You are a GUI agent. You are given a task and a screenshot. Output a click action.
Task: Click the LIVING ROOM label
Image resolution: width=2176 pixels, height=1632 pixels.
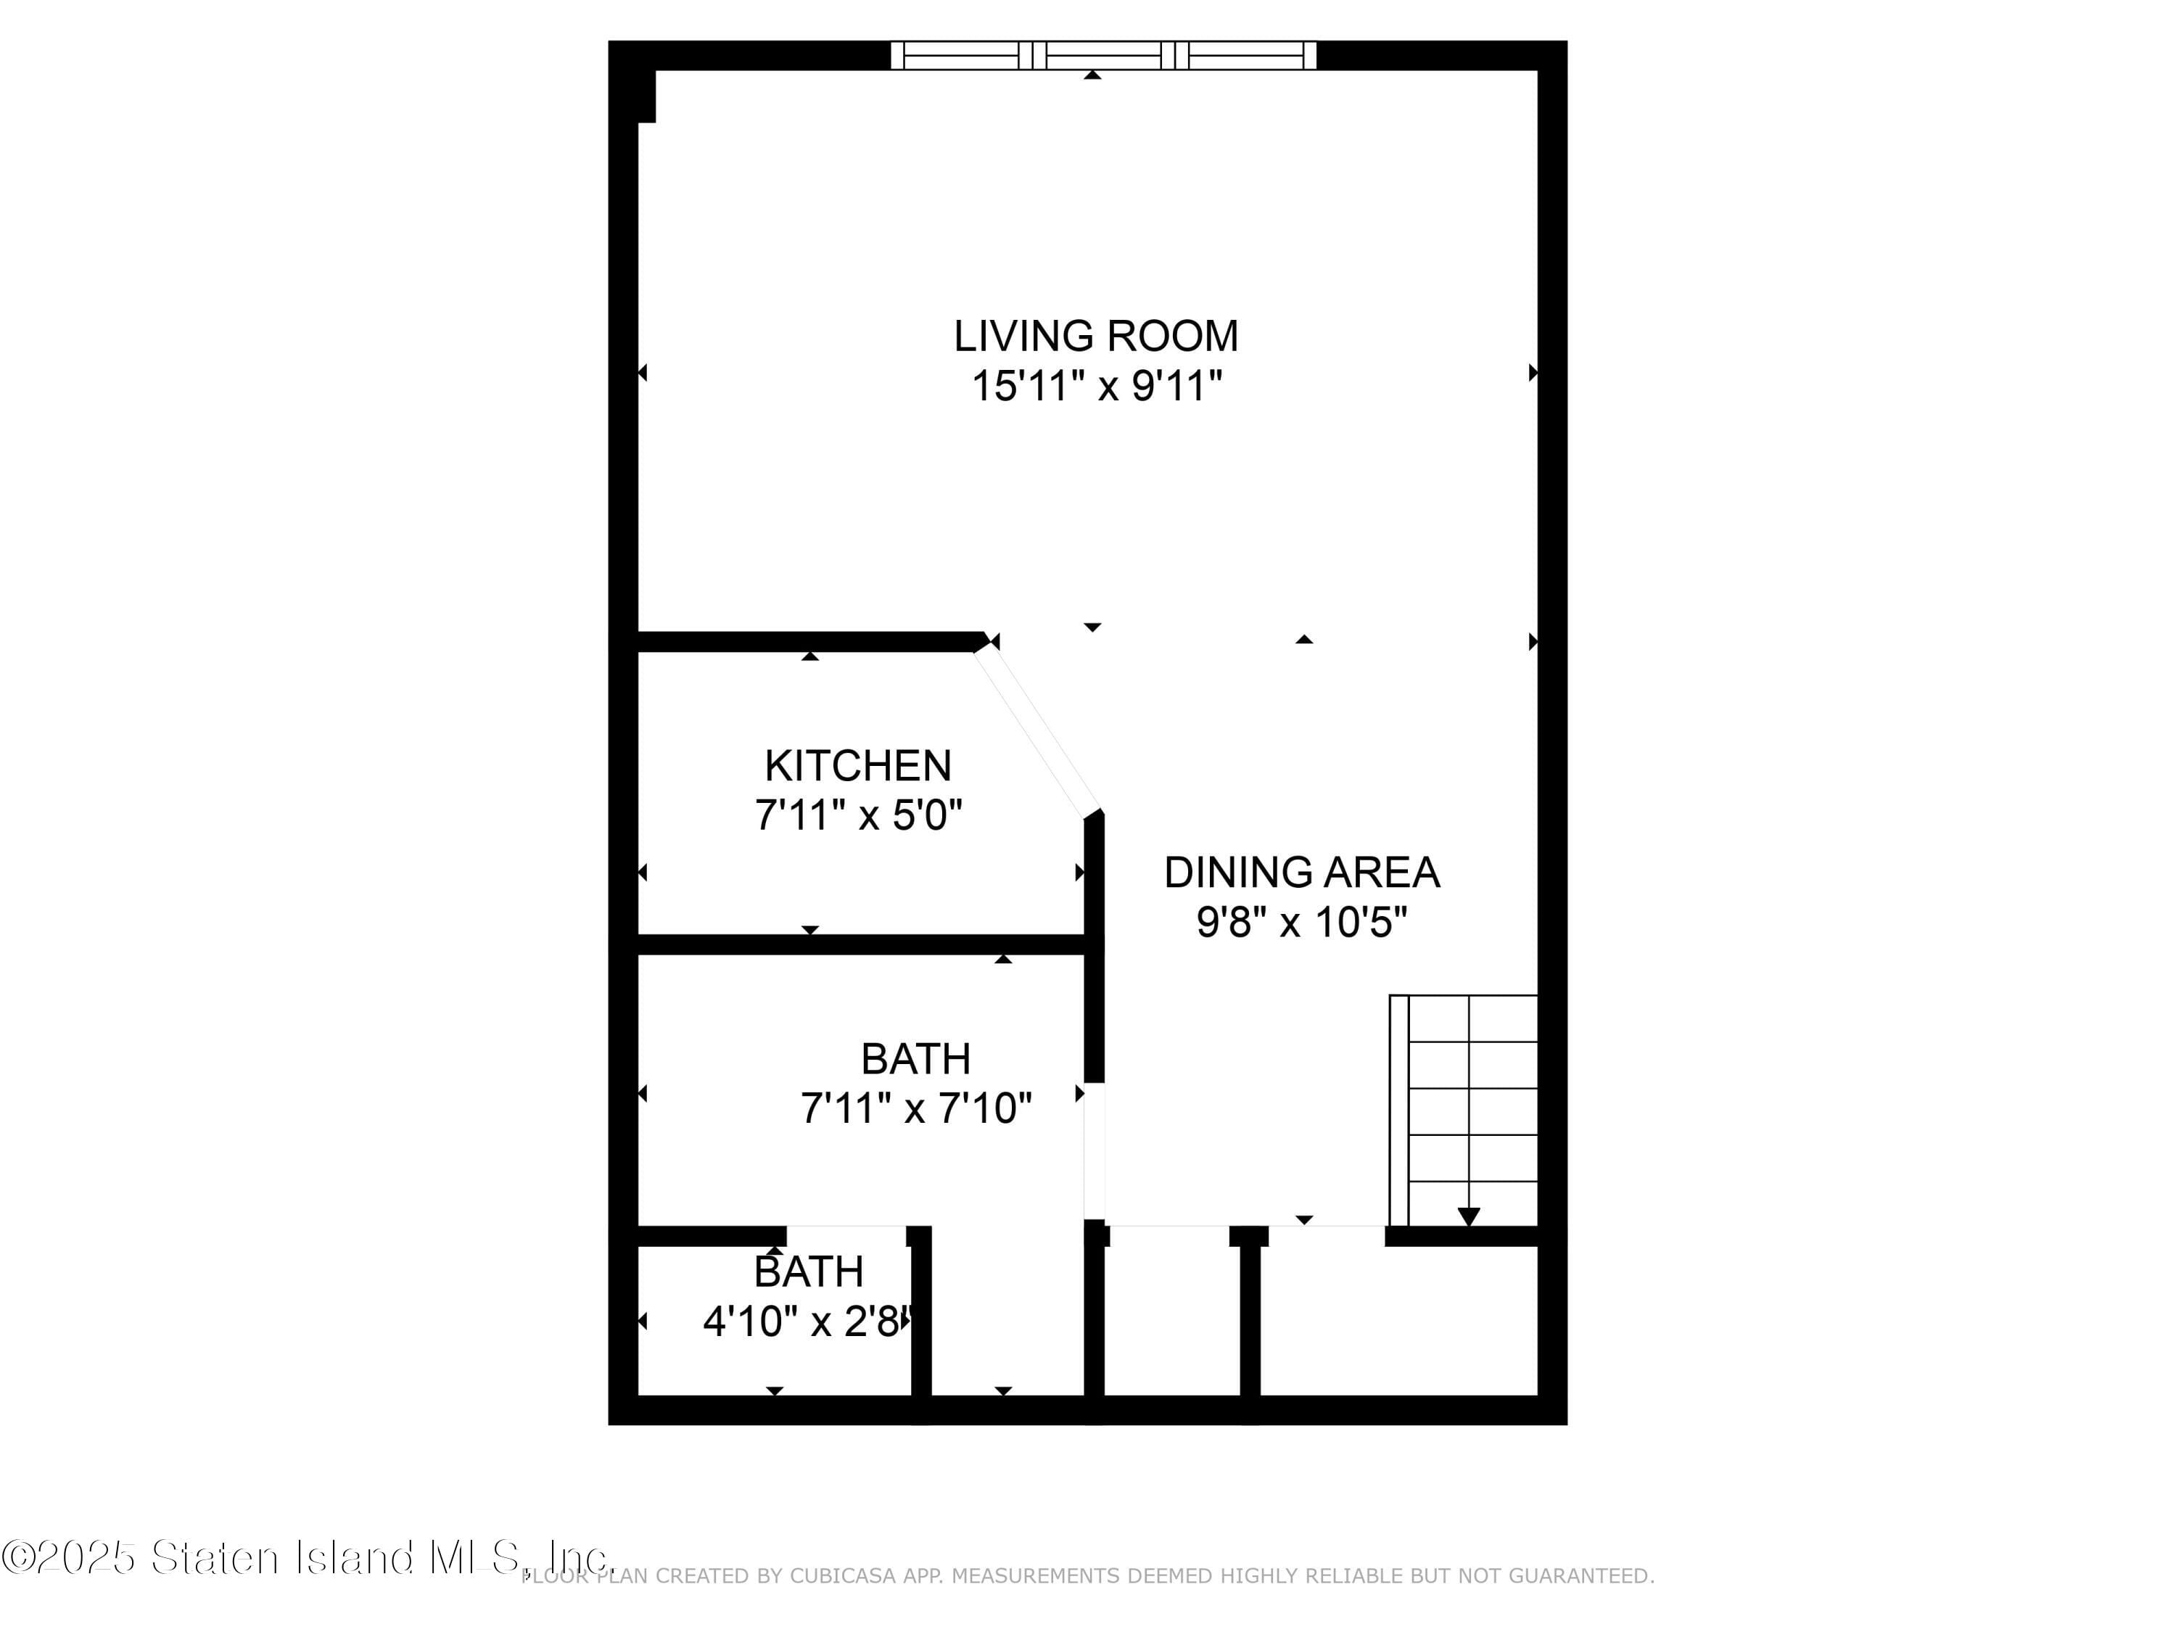tap(1096, 337)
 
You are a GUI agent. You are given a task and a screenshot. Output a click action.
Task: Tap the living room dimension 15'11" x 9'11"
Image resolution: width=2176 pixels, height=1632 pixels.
tap(1097, 386)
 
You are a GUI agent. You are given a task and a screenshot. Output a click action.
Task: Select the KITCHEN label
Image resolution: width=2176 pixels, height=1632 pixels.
tap(858, 765)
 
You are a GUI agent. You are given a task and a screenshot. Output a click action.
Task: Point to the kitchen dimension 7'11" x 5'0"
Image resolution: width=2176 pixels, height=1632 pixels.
tap(858, 815)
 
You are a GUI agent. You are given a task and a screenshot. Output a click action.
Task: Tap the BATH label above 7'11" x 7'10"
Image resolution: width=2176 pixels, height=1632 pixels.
tap(916, 1058)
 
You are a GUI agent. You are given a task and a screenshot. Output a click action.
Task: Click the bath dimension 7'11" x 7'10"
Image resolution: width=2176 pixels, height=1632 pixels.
tap(916, 1108)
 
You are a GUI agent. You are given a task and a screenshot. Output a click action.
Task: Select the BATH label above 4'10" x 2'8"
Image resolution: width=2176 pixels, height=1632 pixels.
tap(809, 1272)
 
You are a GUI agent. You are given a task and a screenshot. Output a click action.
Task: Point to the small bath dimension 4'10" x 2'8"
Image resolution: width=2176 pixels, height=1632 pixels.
tap(809, 1321)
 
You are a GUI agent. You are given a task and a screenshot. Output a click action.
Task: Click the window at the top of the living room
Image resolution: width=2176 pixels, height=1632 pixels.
tap(1103, 55)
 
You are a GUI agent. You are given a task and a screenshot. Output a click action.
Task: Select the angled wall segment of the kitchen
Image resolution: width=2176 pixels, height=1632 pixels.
tap(1037, 733)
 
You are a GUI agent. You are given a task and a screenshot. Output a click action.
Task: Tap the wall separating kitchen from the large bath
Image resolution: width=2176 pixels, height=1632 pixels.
tap(862, 944)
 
